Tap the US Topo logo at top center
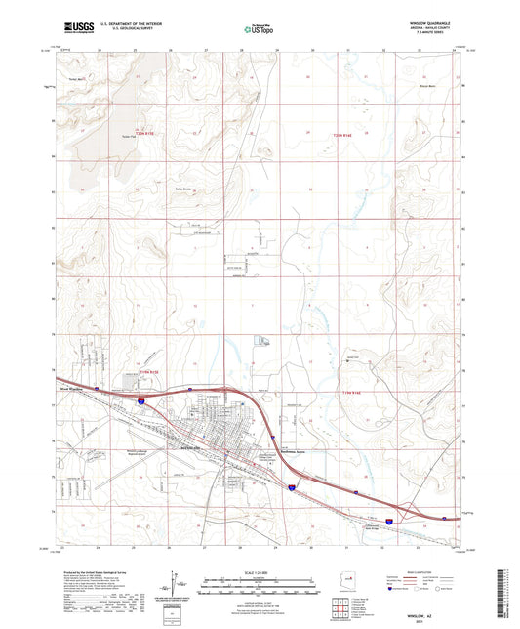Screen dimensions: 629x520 [259, 28]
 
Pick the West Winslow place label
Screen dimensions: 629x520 [71, 387]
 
